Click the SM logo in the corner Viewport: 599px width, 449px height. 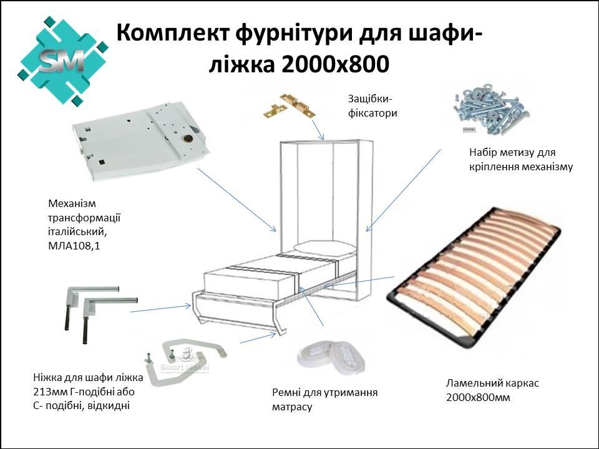click(x=62, y=60)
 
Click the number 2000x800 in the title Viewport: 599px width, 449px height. click(x=334, y=64)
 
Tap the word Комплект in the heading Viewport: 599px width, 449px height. click(x=173, y=32)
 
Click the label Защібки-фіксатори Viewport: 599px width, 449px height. click(x=373, y=106)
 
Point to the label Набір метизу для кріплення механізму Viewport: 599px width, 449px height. click(x=521, y=160)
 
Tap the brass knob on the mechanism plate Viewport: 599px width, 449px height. click(x=188, y=138)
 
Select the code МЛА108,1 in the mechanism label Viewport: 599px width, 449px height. click(x=74, y=246)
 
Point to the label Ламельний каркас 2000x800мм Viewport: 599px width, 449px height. click(x=492, y=390)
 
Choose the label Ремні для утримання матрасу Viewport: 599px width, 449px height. click(x=324, y=399)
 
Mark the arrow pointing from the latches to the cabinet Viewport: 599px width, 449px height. click(x=318, y=130)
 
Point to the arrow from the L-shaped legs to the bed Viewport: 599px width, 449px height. click(x=160, y=309)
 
